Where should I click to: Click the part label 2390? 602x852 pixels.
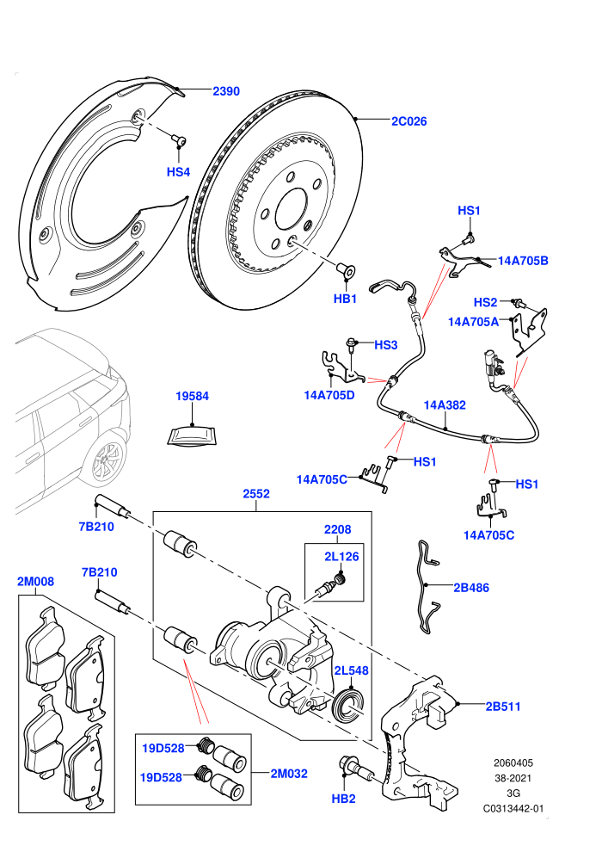click(226, 91)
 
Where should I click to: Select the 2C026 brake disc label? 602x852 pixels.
click(408, 121)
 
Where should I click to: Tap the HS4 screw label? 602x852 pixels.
click(178, 172)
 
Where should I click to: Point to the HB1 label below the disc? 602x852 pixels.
click(345, 299)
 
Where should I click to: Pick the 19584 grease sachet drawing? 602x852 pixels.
click(192, 435)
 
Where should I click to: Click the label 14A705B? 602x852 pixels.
click(523, 260)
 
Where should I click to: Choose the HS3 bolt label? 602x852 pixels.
click(385, 345)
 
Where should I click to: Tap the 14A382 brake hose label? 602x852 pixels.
click(445, 404)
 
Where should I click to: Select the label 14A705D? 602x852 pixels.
click(329, 395)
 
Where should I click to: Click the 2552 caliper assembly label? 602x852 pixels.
click(256, 493)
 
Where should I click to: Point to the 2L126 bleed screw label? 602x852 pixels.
click(341, 557)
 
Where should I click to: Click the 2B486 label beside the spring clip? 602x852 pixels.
click(471, 588)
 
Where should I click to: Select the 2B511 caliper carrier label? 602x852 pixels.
click(502, 707)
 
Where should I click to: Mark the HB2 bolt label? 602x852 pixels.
click(343, 799)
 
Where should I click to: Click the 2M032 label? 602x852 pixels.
click(289, 773)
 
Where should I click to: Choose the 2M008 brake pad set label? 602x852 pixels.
click(36, 582)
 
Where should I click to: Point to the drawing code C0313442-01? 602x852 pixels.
click(513, 808)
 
